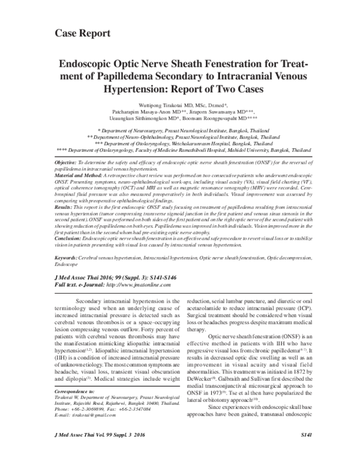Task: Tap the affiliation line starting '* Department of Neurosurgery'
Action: coord(179,129)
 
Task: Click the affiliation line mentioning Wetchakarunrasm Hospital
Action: coord(180,145)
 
